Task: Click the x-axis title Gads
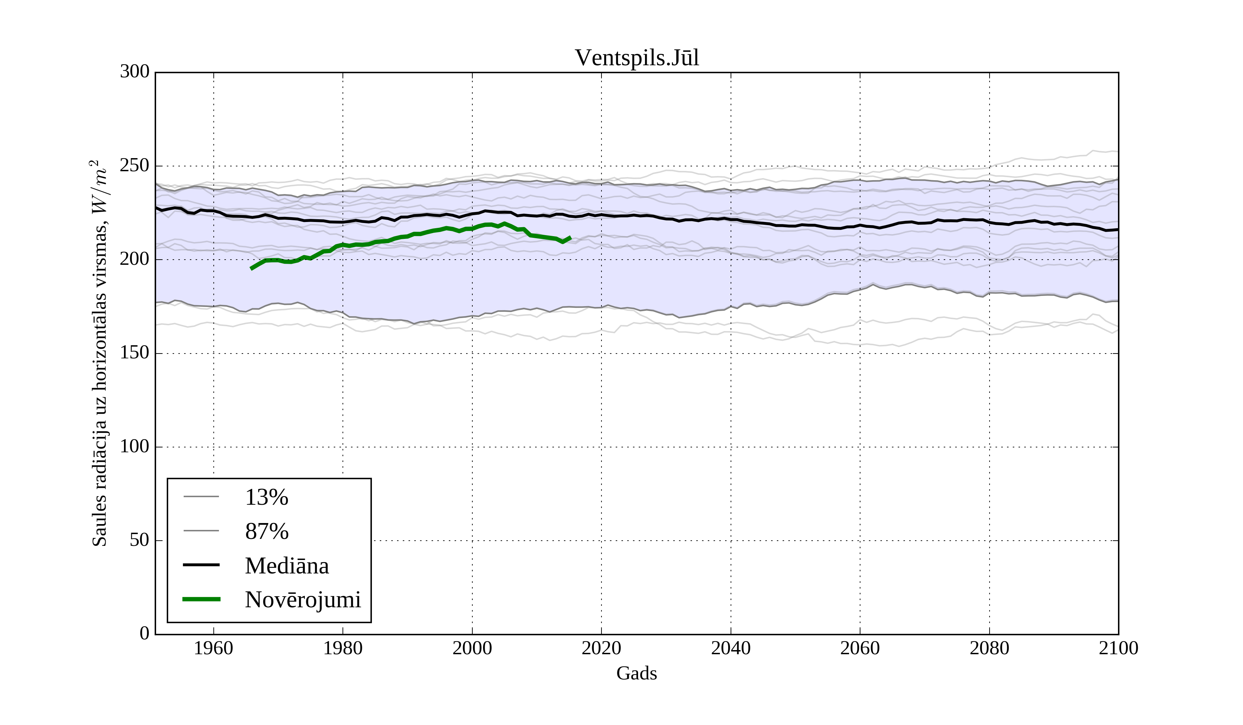coord(636,673)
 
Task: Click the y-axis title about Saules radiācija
coord(100,353)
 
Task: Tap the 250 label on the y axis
coord(134,166)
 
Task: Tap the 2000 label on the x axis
coord(472,648)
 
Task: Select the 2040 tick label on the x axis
coord(731,648)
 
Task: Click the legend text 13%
coord(266,497)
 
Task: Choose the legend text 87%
coord(266,531)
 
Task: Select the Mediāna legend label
coord(287,566)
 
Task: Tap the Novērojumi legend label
coord(303,600)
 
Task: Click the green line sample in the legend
coord(201,599)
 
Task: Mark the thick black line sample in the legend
coord(201,565)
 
